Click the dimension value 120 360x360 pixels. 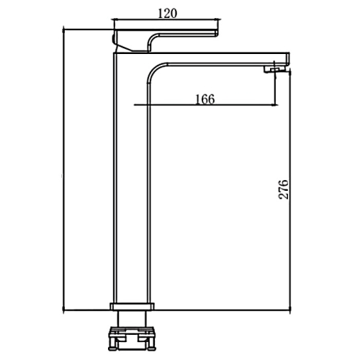[168, 14]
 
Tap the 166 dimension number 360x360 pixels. [204, 99]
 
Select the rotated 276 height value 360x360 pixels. [284, 189]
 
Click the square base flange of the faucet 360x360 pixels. [132, 307]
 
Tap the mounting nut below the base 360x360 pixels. [132, 338]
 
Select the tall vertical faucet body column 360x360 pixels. [132, 178]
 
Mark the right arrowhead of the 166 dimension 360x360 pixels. [276, 104]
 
